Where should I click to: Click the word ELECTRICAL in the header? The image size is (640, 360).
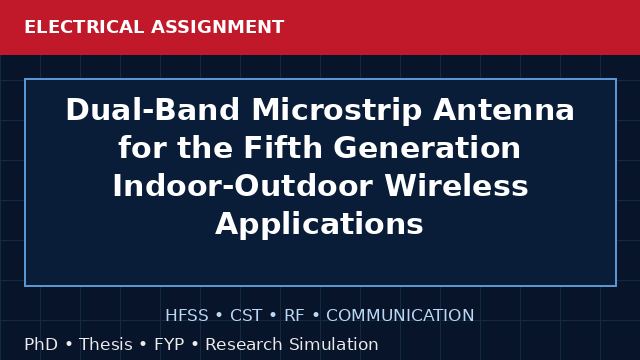point(84,27)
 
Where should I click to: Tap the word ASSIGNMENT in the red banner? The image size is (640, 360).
point(218,27)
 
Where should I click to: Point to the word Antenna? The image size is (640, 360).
point(504,110)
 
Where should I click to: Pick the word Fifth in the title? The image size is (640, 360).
point(283,147)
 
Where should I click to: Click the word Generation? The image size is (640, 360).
point(427,147)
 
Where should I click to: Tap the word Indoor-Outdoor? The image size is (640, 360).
point(243,186)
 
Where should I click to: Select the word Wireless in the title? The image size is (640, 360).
point(456,186)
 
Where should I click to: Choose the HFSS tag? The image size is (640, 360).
point(187,315)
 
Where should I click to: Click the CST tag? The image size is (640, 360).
point(246,315)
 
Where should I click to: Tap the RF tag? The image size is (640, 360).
point(294,315)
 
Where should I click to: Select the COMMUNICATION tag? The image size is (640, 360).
point(400,315)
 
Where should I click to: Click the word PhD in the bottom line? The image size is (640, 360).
point(41,344)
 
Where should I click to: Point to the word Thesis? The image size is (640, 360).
point(106,344)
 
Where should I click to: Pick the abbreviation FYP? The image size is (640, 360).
point(169,344)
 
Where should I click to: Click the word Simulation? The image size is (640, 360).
point(333,344)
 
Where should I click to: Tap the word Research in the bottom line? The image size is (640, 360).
point(244,344)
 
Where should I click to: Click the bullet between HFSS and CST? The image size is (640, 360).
point(219,316)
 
